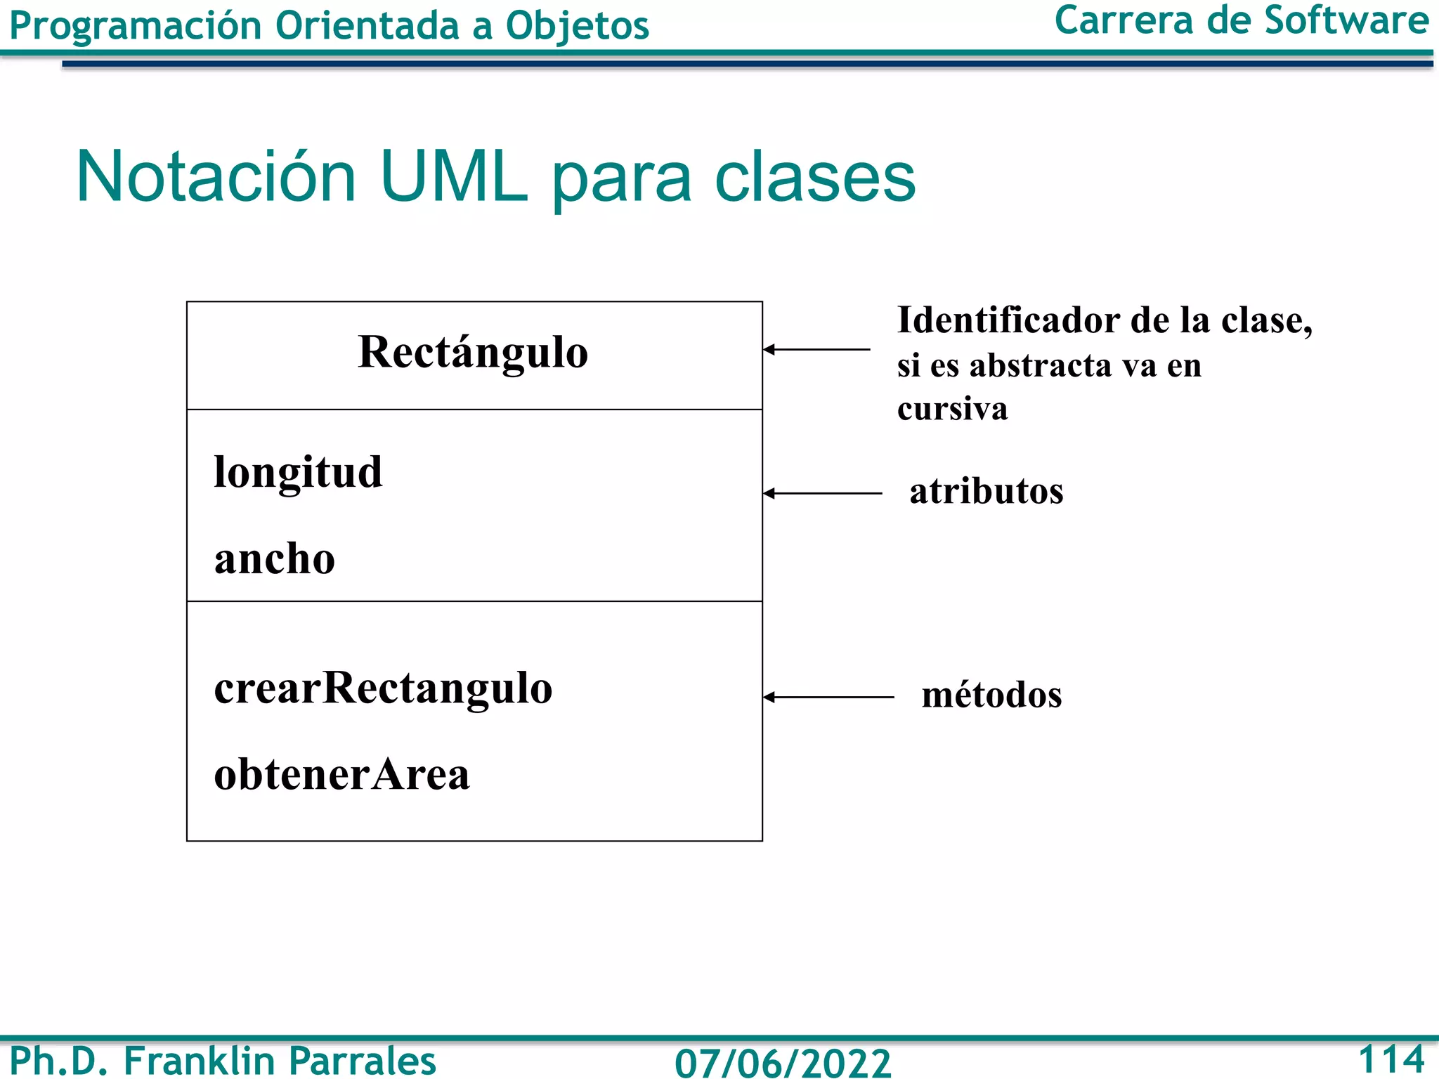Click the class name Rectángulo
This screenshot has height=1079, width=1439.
(473, 353)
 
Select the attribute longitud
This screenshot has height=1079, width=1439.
(298, 473)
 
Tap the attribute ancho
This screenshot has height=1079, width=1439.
(275, 560)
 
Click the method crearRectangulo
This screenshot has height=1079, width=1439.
(383, 688)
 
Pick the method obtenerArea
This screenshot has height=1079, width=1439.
(341, 775)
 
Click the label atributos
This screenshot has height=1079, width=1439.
(986, 491)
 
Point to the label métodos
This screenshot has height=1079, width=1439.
(991, 695)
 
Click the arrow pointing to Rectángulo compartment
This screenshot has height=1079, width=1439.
(816, 349)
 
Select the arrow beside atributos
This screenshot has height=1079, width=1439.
(822, 494)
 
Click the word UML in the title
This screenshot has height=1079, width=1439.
(453, 176)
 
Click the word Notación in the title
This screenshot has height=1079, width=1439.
(216, 176)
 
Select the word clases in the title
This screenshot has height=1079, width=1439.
(815, 178)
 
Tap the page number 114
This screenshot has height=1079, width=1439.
(1391, 1059)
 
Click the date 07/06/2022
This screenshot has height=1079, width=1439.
(782, 1062)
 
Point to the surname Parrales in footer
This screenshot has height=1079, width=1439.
(362, 1061)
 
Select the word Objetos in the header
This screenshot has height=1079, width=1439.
(577, 27)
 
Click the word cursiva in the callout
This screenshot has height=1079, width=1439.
(952, 409)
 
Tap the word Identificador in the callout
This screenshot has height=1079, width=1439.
(1008, 321)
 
